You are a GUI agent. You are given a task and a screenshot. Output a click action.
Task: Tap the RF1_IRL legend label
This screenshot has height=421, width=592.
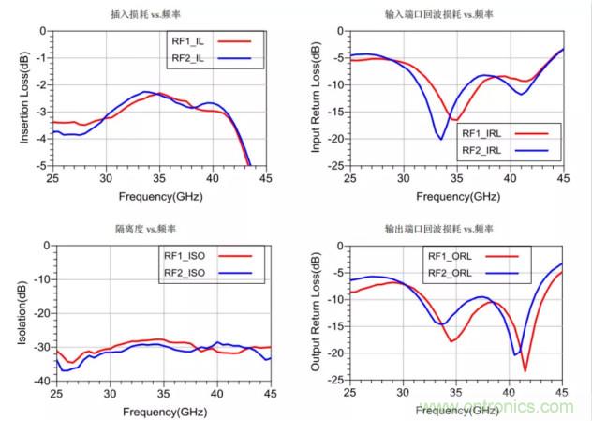point(483,133)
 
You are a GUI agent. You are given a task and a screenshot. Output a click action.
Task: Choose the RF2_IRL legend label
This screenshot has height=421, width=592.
point(483,150)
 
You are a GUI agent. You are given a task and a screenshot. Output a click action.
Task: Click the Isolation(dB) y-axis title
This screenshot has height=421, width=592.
point(22,313)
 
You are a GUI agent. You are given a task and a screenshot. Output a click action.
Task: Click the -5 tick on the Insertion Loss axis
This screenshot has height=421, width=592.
point(43,165)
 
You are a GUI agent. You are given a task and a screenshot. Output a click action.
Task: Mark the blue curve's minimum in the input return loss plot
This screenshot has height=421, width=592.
point(440,139)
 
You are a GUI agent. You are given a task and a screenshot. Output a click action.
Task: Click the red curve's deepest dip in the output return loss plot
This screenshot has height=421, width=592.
point(525,369)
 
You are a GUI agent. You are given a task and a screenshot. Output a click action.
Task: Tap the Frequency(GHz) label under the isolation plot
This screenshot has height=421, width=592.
point(148,412)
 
